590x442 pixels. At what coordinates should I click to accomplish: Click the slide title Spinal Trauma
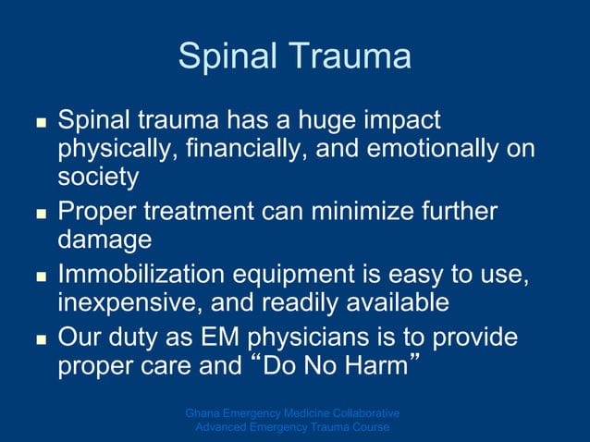coord(294,56)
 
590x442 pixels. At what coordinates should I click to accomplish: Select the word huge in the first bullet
coord(291,121)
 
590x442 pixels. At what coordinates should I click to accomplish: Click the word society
coord(98,176)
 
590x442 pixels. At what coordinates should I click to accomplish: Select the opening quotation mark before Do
coord(256,360)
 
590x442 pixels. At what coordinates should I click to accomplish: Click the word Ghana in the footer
coord(202,412)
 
